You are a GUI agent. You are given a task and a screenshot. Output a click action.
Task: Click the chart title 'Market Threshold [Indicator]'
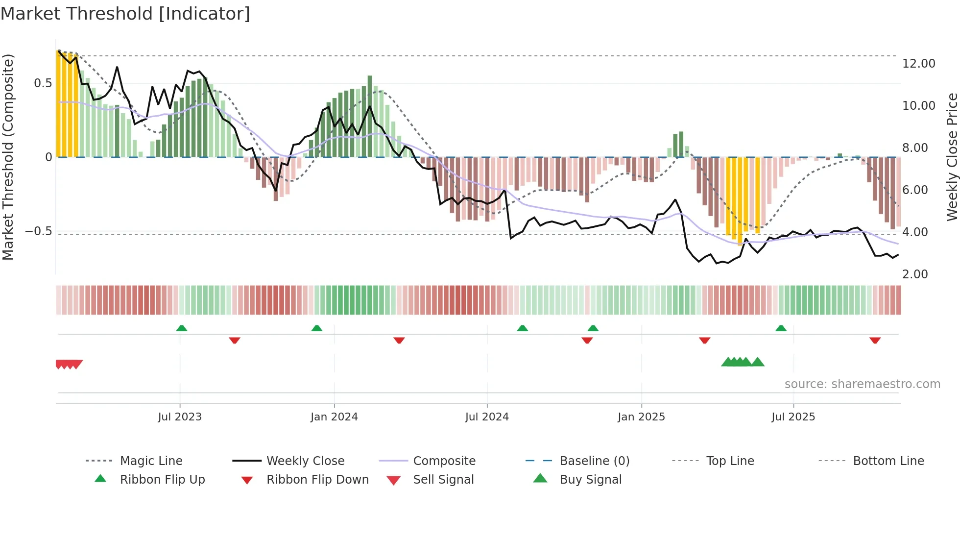coord(125,14)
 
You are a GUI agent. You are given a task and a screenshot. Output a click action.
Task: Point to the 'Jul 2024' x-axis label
coord(487,417)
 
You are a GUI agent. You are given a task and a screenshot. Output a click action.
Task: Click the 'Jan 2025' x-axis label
coord(641,417)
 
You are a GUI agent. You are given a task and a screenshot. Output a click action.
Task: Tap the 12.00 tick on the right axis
coord(918,64)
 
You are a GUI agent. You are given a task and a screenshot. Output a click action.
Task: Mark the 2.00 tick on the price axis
coord(914,274)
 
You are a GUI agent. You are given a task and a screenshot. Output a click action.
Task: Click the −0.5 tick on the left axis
coord(39,231)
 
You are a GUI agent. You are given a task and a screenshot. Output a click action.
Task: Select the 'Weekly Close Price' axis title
coord(952,157)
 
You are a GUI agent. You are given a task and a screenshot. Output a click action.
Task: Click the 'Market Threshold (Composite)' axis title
coord(8,157)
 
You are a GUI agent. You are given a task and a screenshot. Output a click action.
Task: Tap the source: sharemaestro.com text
coord(862,384)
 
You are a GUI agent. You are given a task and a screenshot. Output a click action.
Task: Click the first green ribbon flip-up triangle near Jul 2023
coord(182,328)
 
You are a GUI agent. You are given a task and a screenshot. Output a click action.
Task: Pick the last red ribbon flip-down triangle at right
coord(875,340)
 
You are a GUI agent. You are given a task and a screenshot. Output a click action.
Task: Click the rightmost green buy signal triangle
coord(758,362)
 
